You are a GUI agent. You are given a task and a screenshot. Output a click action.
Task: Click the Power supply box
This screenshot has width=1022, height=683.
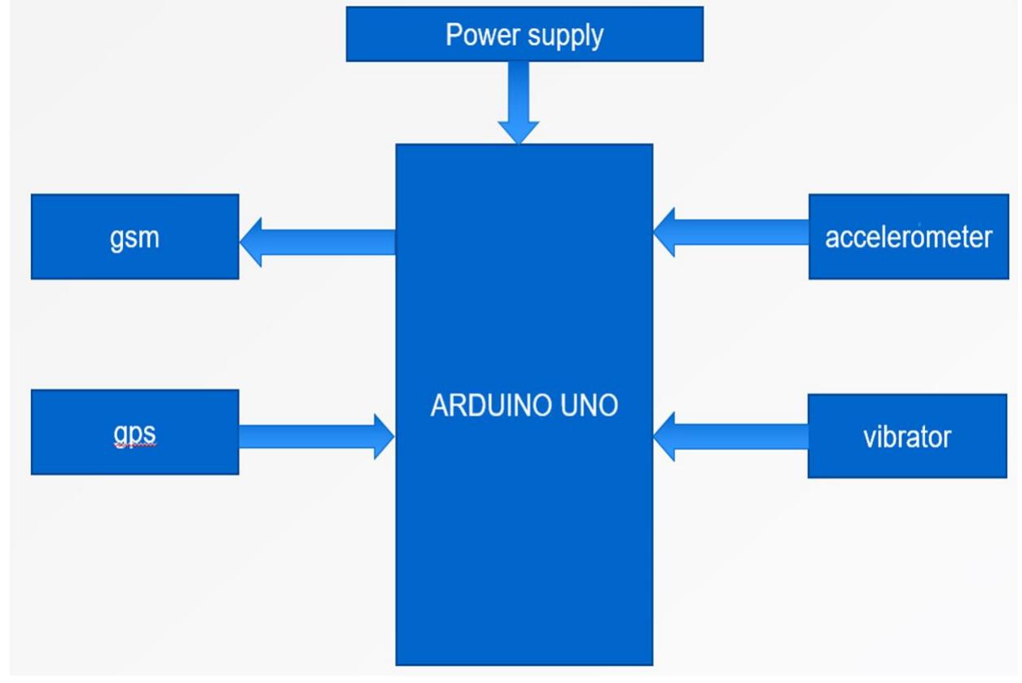coord(524,33)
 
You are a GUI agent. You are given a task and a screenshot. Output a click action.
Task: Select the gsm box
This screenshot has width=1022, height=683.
coord(135,236)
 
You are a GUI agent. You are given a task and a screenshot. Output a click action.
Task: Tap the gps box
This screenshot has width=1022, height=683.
coord(135,432)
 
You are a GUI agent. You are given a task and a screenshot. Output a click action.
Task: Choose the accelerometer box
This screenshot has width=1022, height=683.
coord(908,236)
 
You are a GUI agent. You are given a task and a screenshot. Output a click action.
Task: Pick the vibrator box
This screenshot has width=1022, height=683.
coord(907,436)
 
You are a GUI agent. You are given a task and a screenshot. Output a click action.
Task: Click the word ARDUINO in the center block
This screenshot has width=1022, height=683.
coord(491,405)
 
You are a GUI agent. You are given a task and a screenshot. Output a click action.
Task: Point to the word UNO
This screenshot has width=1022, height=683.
coord(589,405)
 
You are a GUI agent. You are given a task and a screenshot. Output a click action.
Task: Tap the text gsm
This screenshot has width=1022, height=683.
coord(134,239)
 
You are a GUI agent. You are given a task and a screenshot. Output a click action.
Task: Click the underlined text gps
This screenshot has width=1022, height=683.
coord(134,435)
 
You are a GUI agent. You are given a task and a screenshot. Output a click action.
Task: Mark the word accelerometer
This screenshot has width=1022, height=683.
coord(908,237)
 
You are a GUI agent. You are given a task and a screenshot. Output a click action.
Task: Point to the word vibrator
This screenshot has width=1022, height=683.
coord(907,437)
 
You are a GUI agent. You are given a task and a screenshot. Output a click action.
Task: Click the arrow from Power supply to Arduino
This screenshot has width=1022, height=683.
coord(518,103)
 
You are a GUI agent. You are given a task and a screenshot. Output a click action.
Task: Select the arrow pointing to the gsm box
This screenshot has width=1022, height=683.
coord(318,243)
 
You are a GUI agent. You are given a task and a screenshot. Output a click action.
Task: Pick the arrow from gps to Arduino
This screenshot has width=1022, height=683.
coord(317,436)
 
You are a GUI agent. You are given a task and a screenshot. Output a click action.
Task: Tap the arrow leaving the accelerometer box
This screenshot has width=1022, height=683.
coord(731,232)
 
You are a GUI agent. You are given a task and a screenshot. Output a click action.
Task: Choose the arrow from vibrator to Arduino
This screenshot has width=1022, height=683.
coord(730,436)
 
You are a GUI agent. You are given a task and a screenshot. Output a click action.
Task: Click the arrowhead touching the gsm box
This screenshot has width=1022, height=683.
coord(251,243)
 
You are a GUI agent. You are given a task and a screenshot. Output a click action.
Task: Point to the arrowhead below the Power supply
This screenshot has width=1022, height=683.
coord(518,133)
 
